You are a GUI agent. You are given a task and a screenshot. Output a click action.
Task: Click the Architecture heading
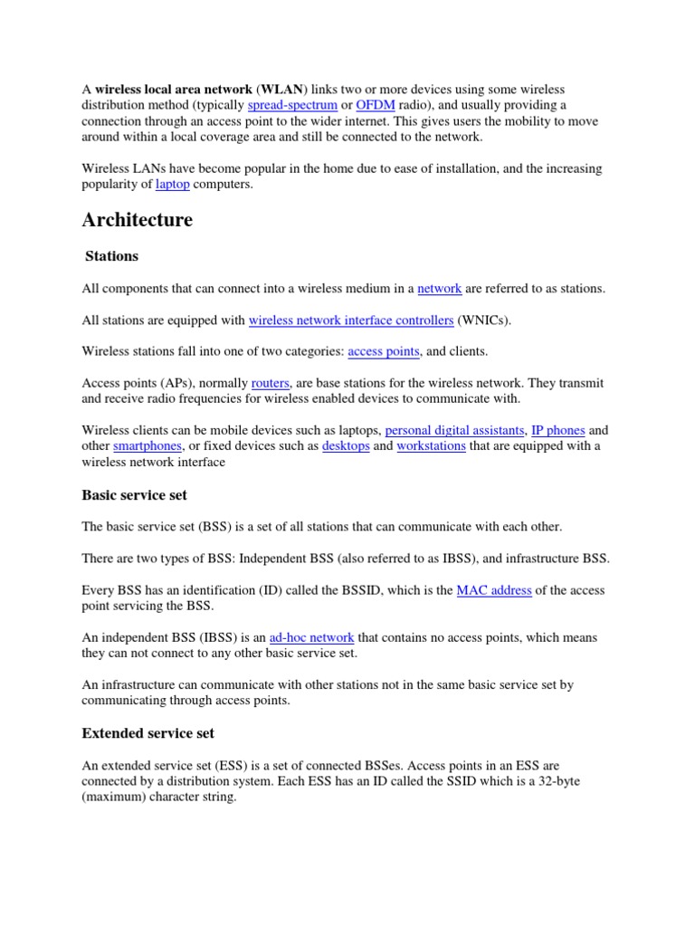point(137,220)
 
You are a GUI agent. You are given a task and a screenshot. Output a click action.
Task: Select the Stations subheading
point(111,256)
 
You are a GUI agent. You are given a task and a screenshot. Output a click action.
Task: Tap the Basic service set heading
point(134,495)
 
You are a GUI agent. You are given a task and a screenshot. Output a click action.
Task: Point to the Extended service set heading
point(148,732)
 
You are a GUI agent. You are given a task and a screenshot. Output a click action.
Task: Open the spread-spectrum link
point(285,105)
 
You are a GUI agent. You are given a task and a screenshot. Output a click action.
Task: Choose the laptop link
point(173,185)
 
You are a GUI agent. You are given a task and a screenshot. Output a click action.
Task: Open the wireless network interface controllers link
point(350,320)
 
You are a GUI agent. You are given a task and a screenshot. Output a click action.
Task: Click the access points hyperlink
point(383,351)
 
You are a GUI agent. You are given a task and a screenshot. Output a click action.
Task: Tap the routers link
point(271,383)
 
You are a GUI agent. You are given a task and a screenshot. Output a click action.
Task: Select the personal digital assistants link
point(454,430)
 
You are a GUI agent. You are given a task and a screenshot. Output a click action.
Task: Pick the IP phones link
point(558,430)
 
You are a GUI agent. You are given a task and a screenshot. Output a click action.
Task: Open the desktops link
point(346,446)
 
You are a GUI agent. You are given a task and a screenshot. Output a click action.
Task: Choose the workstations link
point(431,446)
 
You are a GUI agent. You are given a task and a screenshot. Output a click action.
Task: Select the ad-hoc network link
point(311,637)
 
